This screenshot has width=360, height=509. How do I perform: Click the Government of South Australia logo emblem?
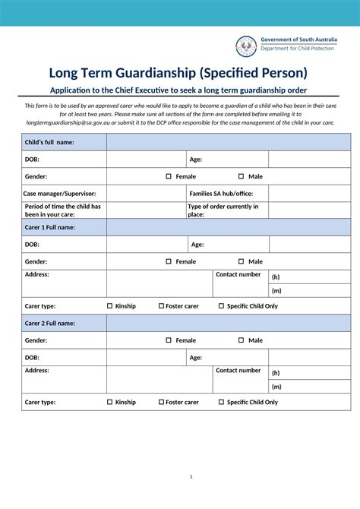pyautogui.click(x=245, y=46)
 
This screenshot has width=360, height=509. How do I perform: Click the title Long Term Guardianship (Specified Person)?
pyautogui.click(x=178, y=73)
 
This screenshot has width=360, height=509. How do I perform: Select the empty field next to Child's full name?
pyautogui.click(x=228, y=142)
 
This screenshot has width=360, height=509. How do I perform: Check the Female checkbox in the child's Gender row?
pyautogui.click(x=169, y=176)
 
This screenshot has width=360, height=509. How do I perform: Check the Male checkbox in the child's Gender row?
pyautogui.click(x=241, y=176)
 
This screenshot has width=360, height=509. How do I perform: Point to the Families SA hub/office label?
pyautogui.click(x=223, y=194)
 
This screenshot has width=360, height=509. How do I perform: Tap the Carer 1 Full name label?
pyautogui.click(x=49, y=227)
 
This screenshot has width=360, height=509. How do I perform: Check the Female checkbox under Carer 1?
pyautogui.click(x=169, y=261)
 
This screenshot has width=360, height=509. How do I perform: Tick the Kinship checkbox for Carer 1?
pyautogui.click(x=110, y=306)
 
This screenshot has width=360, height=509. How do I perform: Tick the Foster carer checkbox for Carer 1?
pyautogui.click(x=162, y=306)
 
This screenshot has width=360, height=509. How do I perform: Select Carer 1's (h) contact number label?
pyautogui.click(x=276, y=277)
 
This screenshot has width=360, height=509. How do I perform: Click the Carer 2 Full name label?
pyautogui.click(x=49, y=323)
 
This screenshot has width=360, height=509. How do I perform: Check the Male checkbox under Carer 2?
pyautogui.click(x=241, y=340)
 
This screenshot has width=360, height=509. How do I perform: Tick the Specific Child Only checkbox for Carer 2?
pyautogui.click(x=221, y=402)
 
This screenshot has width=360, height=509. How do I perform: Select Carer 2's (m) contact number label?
pyautogui.click(x=276, y=386)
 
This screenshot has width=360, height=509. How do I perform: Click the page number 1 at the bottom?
pyautogui.click(x=191, y=476)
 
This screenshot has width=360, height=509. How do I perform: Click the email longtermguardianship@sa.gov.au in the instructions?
pyautogui.click(x=71, y=122)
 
